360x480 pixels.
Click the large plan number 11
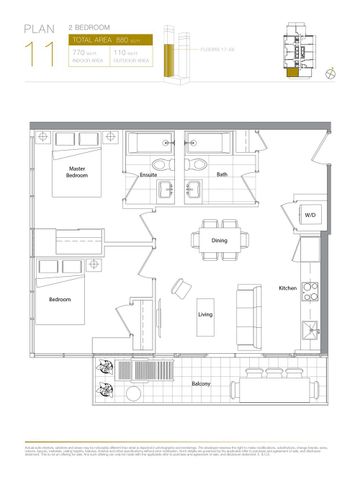point(41,54)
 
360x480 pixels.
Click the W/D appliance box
point(311,215)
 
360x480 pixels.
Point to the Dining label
point(218,242)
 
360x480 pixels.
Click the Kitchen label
point(289,288)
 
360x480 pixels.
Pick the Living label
point(205,315)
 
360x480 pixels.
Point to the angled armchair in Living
point(180,287)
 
